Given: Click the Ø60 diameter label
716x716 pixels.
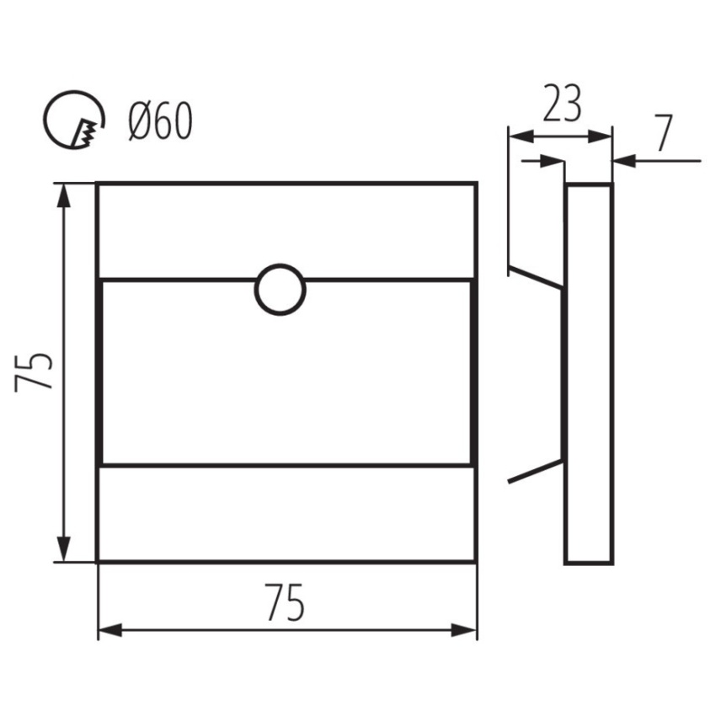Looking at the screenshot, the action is click(160, 120).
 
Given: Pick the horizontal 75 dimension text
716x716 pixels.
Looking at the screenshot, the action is click(285, 601).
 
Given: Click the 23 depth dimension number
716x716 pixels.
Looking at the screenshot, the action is click(562, 104).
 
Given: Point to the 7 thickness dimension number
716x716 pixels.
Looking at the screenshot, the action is click(664, 132).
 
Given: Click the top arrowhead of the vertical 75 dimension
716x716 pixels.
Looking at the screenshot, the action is click(64, 196).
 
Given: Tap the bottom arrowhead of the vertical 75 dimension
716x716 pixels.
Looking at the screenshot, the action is click(64, 548).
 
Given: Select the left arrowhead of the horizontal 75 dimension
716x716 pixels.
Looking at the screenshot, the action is click(110, 630).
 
